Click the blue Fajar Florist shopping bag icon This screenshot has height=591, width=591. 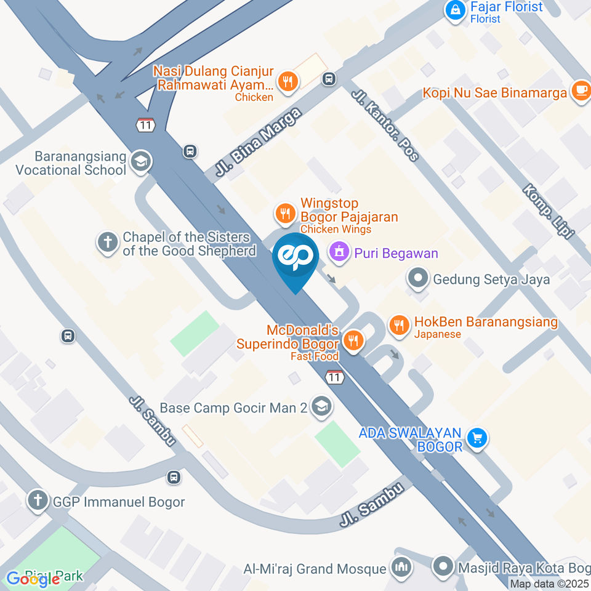tap(456, 9)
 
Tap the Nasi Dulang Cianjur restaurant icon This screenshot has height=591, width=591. tap(287, 81)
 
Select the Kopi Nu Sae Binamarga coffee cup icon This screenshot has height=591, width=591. tap(581, 90)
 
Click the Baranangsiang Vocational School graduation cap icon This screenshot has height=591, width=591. tap(142, 161)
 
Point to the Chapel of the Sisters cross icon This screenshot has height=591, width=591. tap(108, 243)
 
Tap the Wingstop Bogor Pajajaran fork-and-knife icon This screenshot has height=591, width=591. tap(284, 214)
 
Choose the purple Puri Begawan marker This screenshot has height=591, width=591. tap(337, 251)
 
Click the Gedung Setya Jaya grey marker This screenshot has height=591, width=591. tap(419, 278)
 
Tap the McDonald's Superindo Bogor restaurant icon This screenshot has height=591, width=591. tap(353, 340)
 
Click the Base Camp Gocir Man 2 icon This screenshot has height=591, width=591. tap(321, 406)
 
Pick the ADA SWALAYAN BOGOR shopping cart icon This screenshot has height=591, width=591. tap(476, 438)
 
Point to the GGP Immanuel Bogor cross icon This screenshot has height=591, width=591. tap(38, 500)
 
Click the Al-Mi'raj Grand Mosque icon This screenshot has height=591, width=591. tap(401, 567)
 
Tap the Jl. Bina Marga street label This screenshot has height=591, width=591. tap(259, 144)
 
